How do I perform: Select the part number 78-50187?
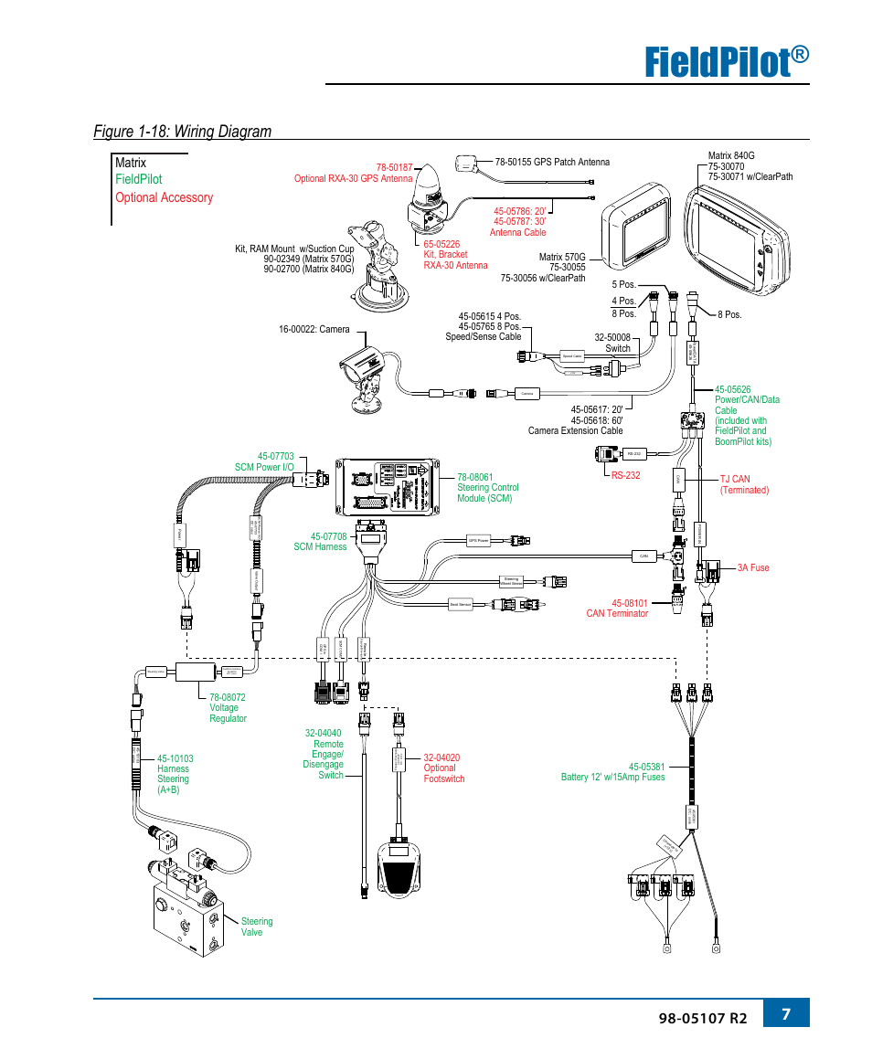pyautogui.click(x=394, y=168)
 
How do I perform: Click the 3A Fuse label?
pyautogui.click(x=753, y=567)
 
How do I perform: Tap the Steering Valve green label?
pyautogui.click(x=256, y=927)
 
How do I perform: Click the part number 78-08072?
pyautogui.click(x=227, y=697)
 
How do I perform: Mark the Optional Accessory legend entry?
pyautogui.click(x=164, y=197)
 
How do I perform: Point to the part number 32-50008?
pyautogui.click(x=612, y=337)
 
